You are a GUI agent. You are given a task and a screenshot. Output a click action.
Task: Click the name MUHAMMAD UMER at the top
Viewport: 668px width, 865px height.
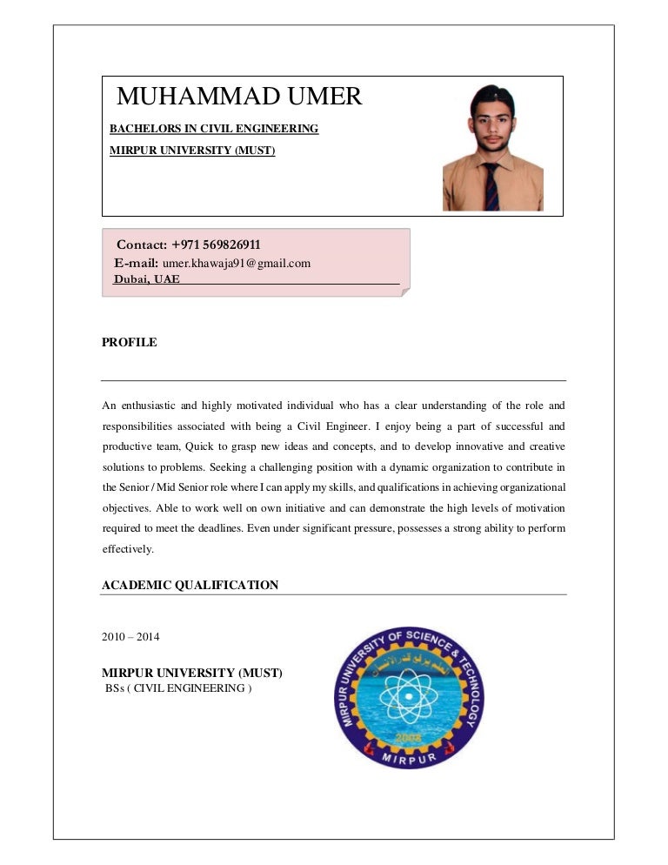[239, 97]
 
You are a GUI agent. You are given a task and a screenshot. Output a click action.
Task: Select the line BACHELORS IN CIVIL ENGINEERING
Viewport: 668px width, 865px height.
[214, 129]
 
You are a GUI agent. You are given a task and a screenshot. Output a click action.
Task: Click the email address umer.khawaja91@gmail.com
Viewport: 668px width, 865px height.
[237, 263]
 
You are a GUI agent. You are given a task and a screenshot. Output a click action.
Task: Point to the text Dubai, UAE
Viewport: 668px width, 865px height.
[147, 279]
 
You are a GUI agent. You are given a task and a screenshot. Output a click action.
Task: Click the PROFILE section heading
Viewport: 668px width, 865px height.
[130, 343]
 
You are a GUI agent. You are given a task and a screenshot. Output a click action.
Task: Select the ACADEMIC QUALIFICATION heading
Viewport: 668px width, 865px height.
[190, 586]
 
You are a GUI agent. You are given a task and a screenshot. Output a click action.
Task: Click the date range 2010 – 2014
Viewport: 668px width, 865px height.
[130, 637]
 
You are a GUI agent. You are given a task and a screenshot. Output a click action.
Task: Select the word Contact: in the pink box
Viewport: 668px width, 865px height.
[142, 245]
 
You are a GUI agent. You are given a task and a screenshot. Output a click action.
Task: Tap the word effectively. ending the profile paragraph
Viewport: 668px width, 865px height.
[128, 549]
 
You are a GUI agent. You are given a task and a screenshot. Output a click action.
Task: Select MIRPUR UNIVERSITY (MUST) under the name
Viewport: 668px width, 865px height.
[192, 151]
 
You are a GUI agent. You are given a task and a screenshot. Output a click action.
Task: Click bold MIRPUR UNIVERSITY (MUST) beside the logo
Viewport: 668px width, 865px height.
[192, 673]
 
